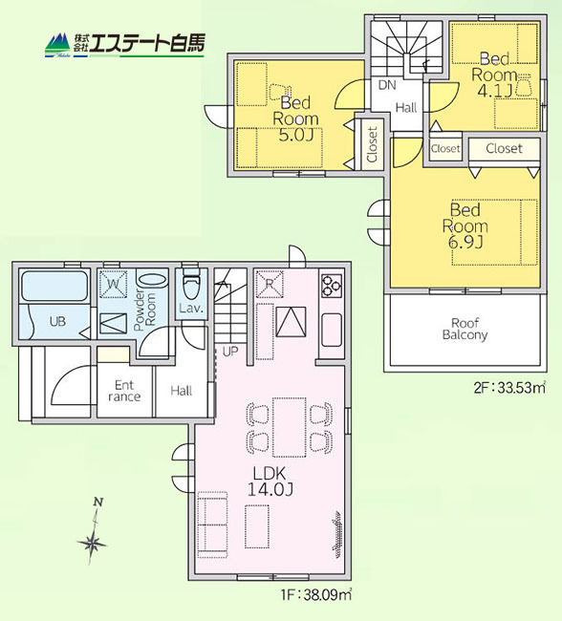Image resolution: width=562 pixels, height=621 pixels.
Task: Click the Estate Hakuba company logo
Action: click(x=124, y=44)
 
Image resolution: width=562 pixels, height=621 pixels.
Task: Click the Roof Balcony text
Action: click(x=465, y=329)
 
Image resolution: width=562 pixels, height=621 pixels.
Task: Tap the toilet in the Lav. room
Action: click(x=190, y=288)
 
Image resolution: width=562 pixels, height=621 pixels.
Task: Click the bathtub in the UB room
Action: click(x=54, y=287)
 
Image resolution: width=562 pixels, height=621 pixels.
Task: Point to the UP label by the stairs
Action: click(x=229, y=352)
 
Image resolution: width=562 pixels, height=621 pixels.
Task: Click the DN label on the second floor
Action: click(x=386, y=86)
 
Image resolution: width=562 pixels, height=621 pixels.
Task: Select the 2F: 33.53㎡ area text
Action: click(x=510, y=387)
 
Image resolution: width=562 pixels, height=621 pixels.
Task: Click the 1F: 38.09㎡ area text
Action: click(x=317, y=592)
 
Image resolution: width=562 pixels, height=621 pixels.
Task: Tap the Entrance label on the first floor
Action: click(x=124, y=391)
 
